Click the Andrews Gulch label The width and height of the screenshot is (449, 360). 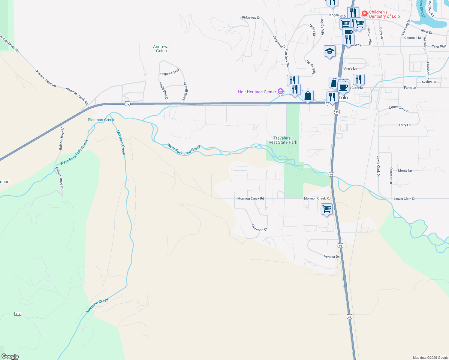tap(161, 49)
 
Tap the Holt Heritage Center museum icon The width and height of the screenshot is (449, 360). tap(281, 91)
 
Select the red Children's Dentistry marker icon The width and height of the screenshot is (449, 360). tap(365, 13)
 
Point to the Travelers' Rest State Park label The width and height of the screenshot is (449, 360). tap(283, 140)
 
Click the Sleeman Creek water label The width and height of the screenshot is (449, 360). tap(101, 120)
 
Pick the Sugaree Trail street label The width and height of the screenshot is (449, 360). tap(170, 72)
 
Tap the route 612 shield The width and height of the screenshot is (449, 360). tap(18, 314)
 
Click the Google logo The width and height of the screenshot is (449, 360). tap(10, 356)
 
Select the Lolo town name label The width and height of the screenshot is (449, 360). tap(343, 98)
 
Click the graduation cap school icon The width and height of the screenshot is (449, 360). tap(329, 51)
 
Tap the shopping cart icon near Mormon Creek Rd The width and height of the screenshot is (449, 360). tap(327, 208)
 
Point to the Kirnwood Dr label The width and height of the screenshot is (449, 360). tap(259, 228)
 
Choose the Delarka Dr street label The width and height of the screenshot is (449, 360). tap(331, 257)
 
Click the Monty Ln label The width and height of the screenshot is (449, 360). tap(405, 170)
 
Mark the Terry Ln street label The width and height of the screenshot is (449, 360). tap(404, 125)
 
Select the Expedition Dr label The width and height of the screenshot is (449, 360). tap(398, 109)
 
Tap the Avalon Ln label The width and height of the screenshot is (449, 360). tap(429, 82)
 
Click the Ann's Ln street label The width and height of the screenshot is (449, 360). tap(350, 68)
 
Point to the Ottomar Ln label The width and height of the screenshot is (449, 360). tap(391, 175)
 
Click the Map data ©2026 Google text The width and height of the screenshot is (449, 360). tap(430, 358)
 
